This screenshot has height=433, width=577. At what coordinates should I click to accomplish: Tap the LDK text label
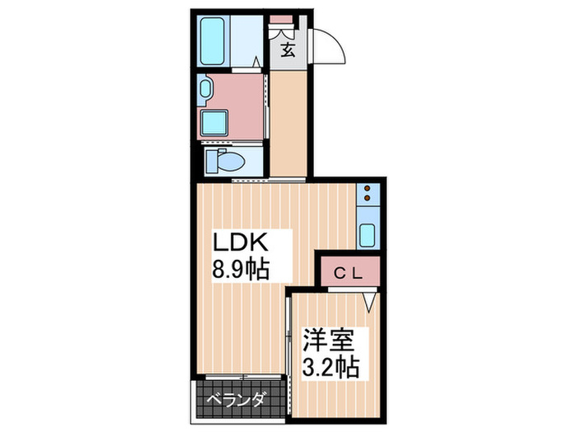(x=241, y=243)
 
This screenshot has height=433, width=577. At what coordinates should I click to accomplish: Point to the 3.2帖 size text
(x=330, y=366)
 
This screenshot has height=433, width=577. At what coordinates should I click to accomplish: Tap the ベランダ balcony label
(x=237, y=401)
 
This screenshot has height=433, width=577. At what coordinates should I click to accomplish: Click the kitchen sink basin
(x=367, y=235)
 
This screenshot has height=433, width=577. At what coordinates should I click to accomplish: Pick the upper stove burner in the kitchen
(x=367, y=189)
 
